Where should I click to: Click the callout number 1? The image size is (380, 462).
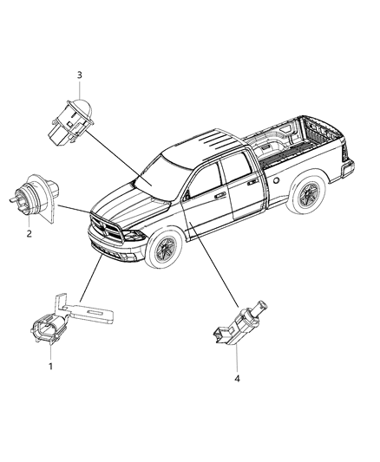(x=50, y=367)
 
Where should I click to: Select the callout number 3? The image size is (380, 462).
(x=80, y=75)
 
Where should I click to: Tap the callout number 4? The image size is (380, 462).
(x=237, y=378)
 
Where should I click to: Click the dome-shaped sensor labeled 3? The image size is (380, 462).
(x=77, y=114)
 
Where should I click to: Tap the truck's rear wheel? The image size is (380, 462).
(x=306, y=198)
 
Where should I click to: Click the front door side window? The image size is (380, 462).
(x=205, y=179)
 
